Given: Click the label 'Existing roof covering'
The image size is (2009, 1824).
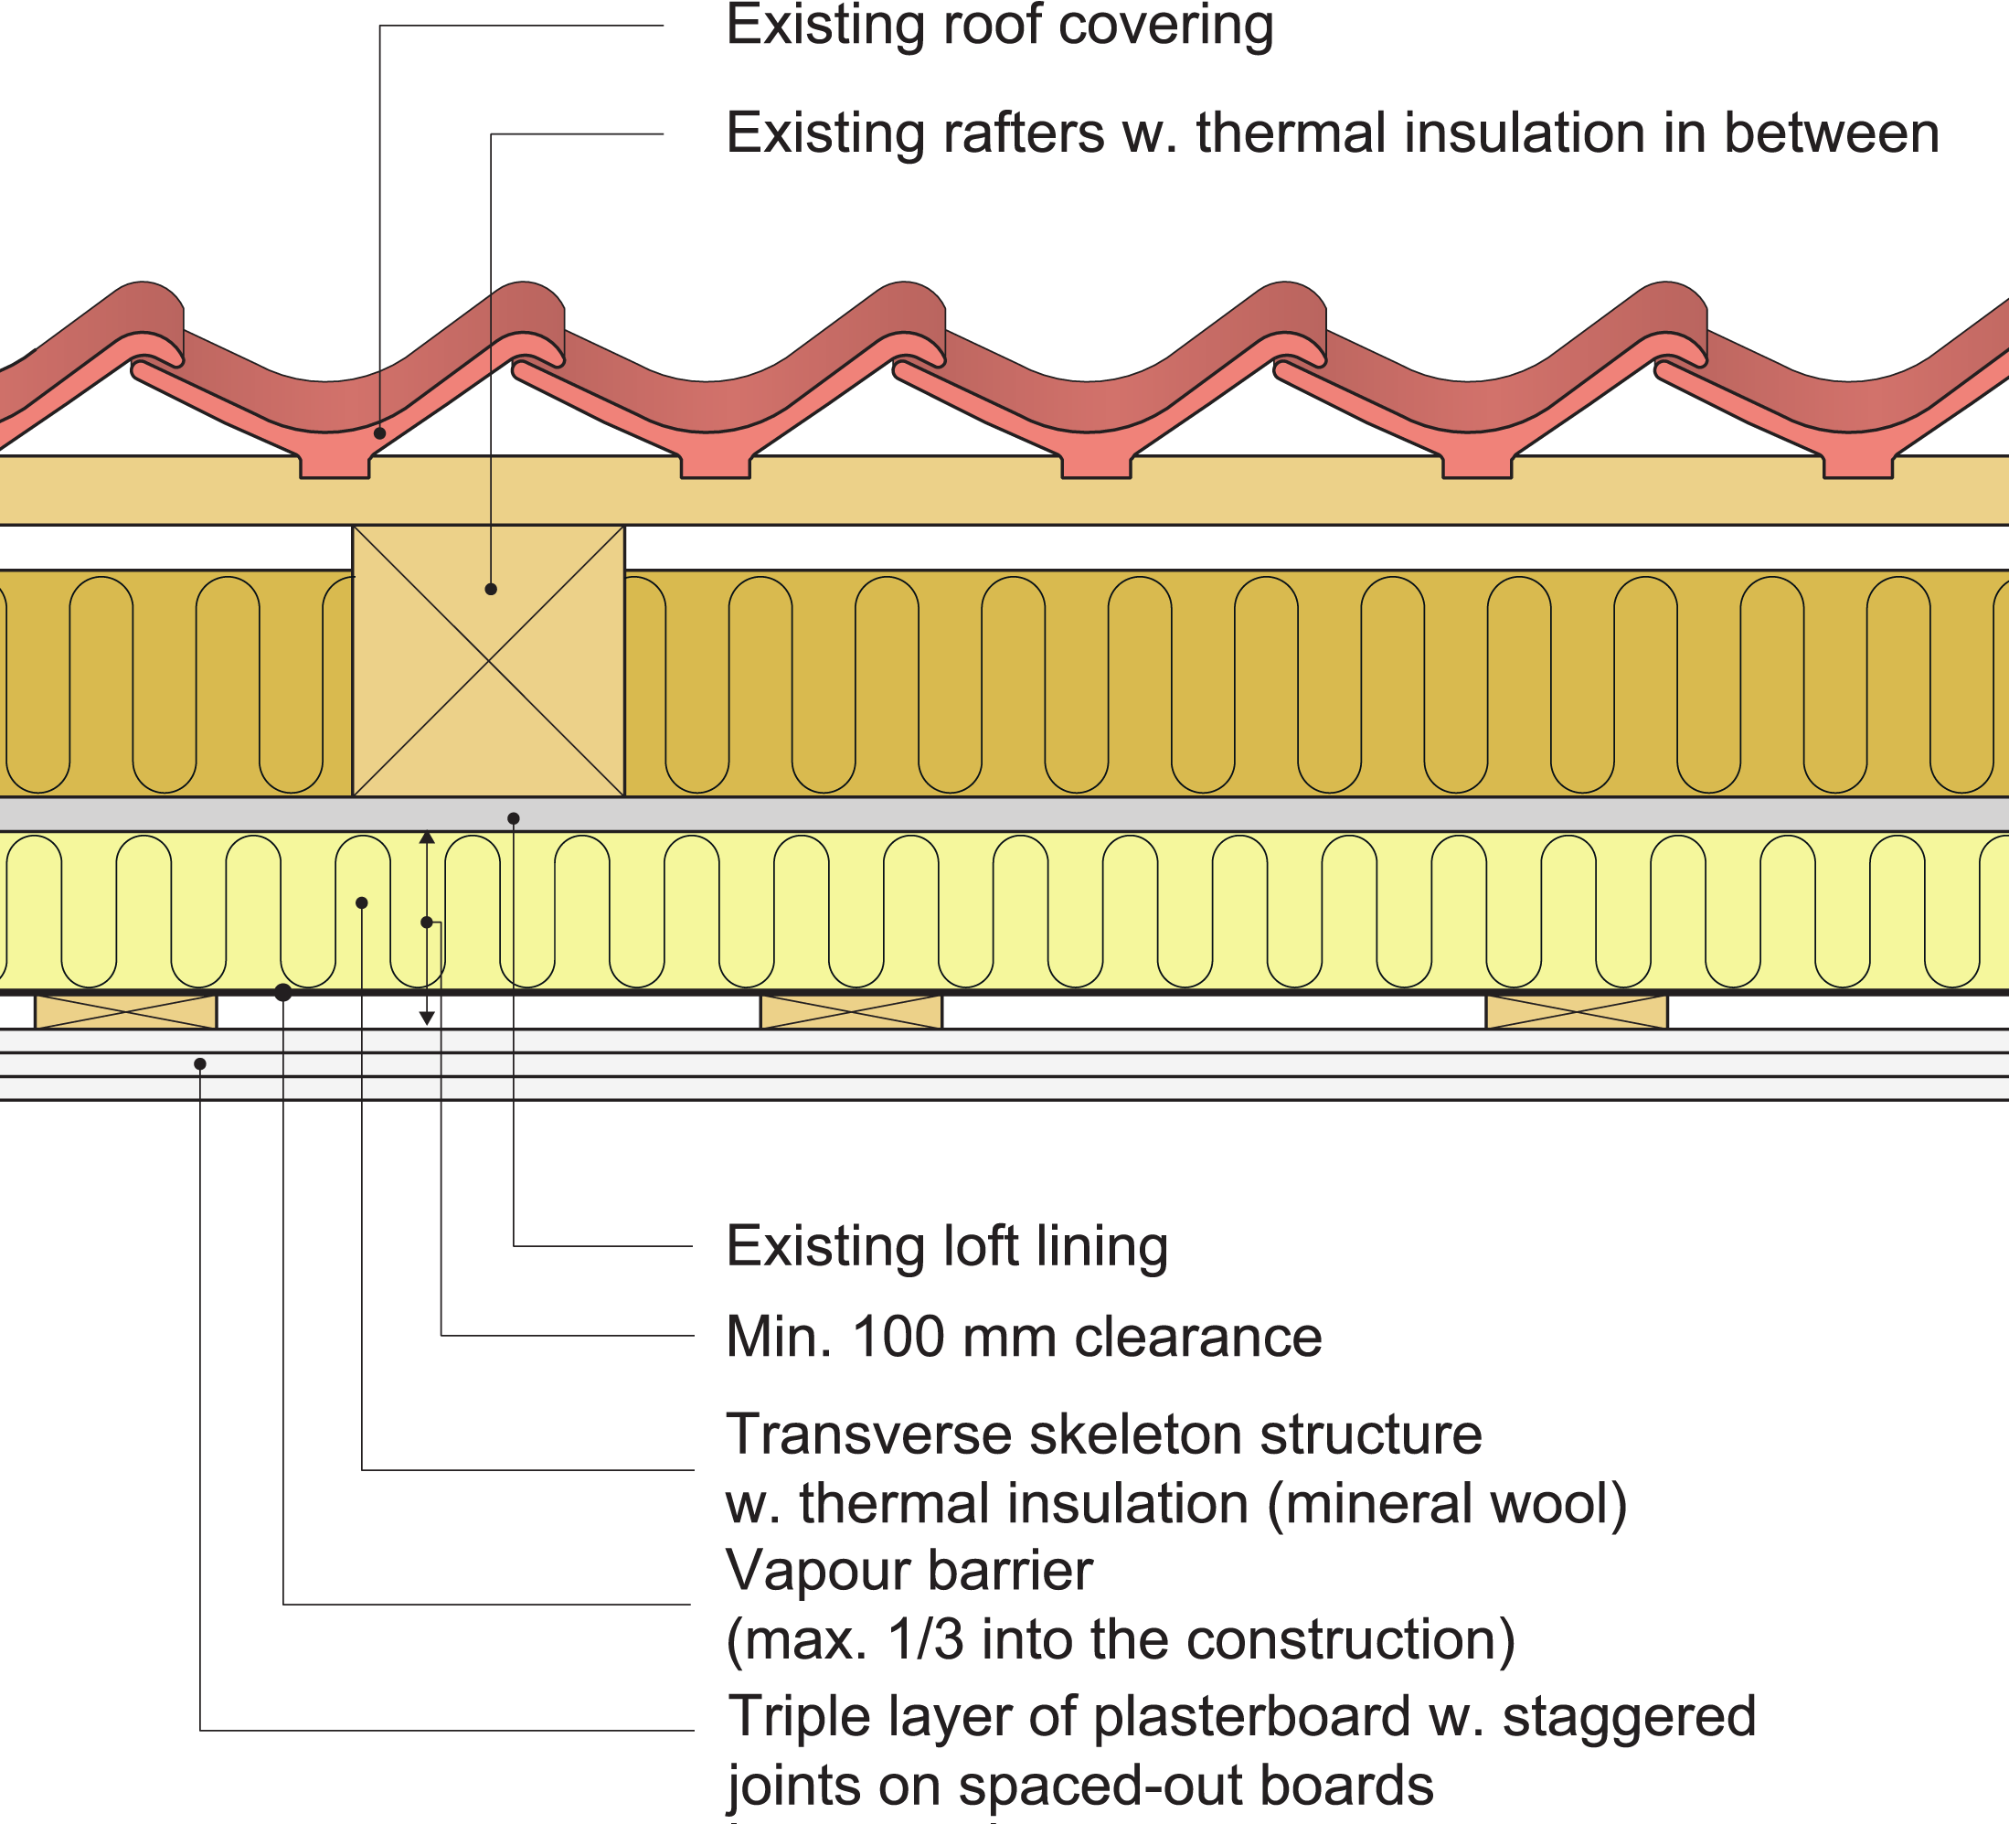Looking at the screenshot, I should (1000, 26).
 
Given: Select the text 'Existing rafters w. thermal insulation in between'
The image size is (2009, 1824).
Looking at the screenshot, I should (1333, 133).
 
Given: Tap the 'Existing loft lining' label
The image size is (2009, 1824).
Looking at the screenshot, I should (947, 1246).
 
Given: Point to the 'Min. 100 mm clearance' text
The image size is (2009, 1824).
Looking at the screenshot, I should (1024, 1337).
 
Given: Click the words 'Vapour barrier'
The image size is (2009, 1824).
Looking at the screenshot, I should (909, 1571).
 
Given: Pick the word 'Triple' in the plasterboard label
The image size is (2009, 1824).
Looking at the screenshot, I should (790, 1716).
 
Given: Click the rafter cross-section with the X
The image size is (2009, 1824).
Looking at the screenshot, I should (488, 661).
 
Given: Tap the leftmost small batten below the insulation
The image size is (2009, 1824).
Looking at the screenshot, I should (125, 1010).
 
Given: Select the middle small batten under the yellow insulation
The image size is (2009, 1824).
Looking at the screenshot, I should (851, 1010).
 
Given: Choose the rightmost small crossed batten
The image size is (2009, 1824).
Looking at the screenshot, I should (1577, 1010).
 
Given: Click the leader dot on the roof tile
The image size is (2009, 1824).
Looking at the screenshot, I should (379, 433).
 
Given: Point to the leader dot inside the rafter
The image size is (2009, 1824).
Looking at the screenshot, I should (490, 589).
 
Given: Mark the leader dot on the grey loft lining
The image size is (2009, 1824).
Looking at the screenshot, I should (513, 818).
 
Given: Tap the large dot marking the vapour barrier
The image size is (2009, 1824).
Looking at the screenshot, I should (283, 992).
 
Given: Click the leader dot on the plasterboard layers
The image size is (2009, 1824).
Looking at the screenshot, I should (200, 1064).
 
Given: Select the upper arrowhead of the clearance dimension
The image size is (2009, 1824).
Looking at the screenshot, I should (427, 838).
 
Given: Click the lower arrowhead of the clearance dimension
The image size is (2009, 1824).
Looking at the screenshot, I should (427, 1018).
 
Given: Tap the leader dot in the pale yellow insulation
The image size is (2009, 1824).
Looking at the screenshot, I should (362, 903).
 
